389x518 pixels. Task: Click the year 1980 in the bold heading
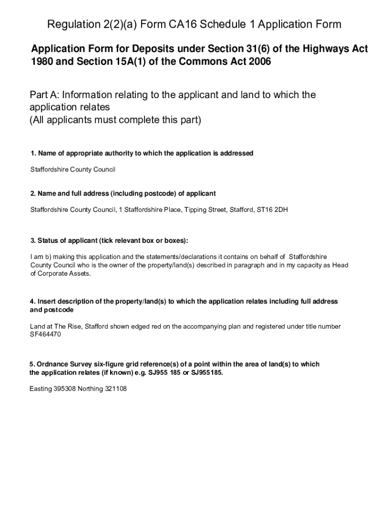[x=42, y=62]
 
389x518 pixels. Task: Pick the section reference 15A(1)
[x=134, y=62]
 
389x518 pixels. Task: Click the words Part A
[x=44, y=95]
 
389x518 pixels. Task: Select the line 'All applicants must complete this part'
[x=115, y=120]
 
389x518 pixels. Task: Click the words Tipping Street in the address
[x=206, y=209]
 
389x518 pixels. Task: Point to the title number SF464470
[x=45, y=334]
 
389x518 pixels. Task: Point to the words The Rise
[x=68, y=326]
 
